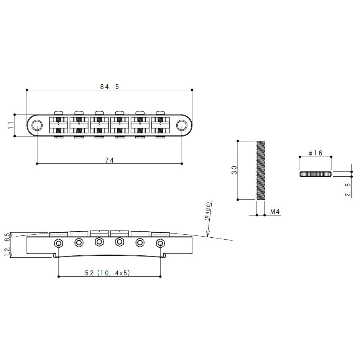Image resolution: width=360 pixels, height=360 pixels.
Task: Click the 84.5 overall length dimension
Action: point(110,87)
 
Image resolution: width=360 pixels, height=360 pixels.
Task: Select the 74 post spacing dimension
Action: point(110,160)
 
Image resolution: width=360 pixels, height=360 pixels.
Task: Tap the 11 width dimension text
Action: point(11,125)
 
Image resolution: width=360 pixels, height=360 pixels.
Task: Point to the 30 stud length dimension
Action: point(234,170)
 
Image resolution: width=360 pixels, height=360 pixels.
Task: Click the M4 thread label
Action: point(275,212)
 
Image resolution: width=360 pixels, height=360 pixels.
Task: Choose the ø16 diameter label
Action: point(316,153)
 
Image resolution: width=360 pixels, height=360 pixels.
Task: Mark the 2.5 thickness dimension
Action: point(348,190)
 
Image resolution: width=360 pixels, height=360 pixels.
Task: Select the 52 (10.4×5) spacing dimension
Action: point(107,273)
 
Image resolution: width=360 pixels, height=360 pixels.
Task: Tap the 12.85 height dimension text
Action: point(8,245)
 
